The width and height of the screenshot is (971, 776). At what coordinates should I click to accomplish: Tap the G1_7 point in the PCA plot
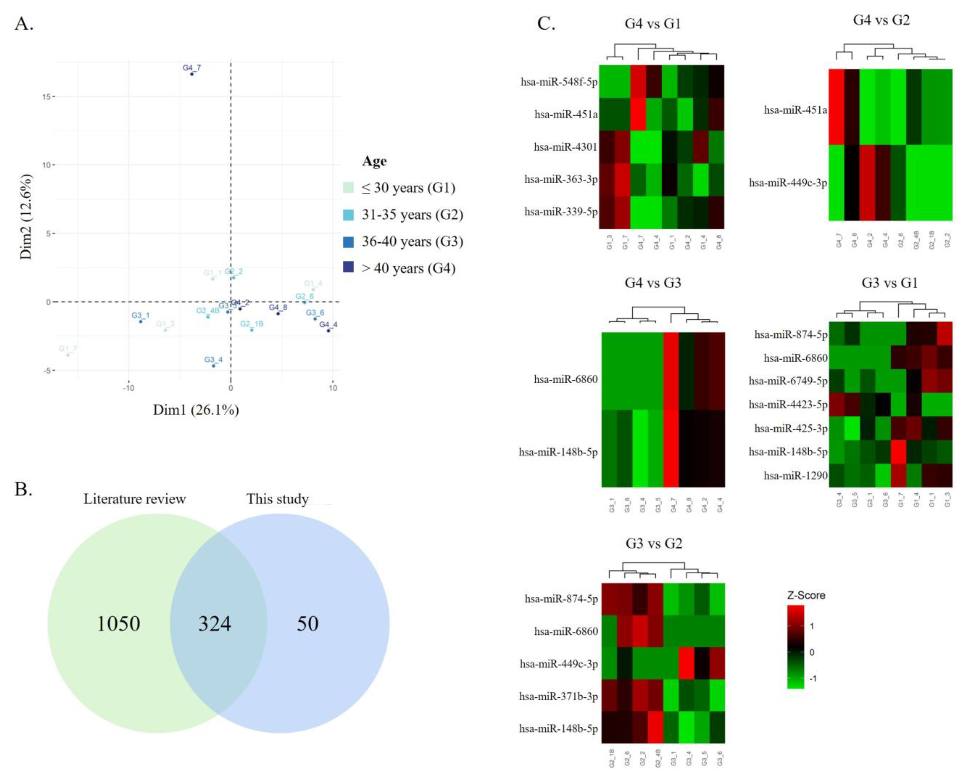(68, 355)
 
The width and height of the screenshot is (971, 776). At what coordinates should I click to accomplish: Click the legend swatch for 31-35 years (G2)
(348, 215)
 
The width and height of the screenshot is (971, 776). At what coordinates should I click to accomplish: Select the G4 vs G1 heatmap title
(652, 23)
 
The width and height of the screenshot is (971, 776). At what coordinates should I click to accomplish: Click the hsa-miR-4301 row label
(565, 147)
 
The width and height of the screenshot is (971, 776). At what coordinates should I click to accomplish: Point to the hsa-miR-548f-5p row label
(559, 82)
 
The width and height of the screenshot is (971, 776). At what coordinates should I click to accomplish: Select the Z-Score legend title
(806, 595)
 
